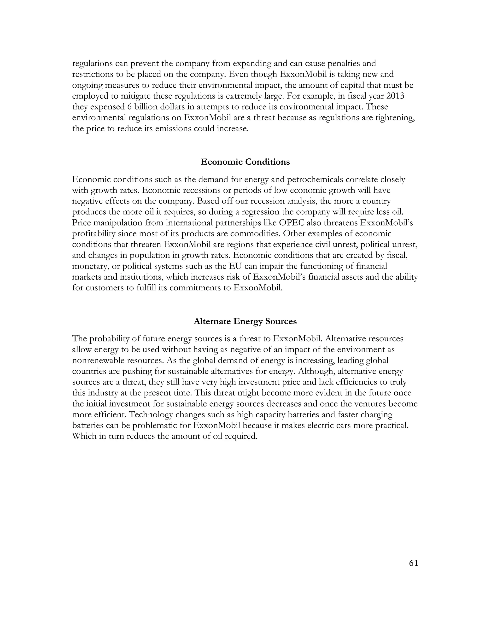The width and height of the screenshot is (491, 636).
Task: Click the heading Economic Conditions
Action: coord(245,162)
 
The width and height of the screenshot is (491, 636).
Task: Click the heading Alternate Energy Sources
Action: coord(245,321)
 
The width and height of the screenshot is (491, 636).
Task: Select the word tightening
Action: coord(395,118)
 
